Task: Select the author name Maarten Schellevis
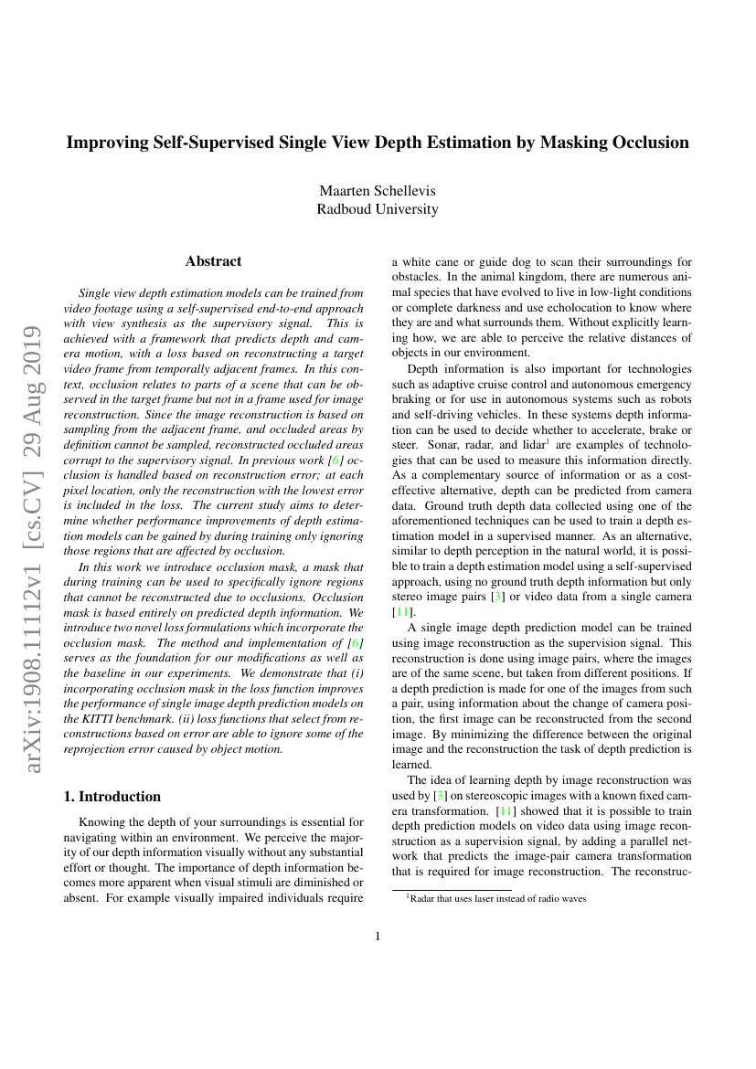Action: [378, 190]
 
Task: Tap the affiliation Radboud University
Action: [378, 209]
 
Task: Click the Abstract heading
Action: [214, 261]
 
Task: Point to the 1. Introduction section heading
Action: [113, 796]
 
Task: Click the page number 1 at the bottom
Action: [378, 936]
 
